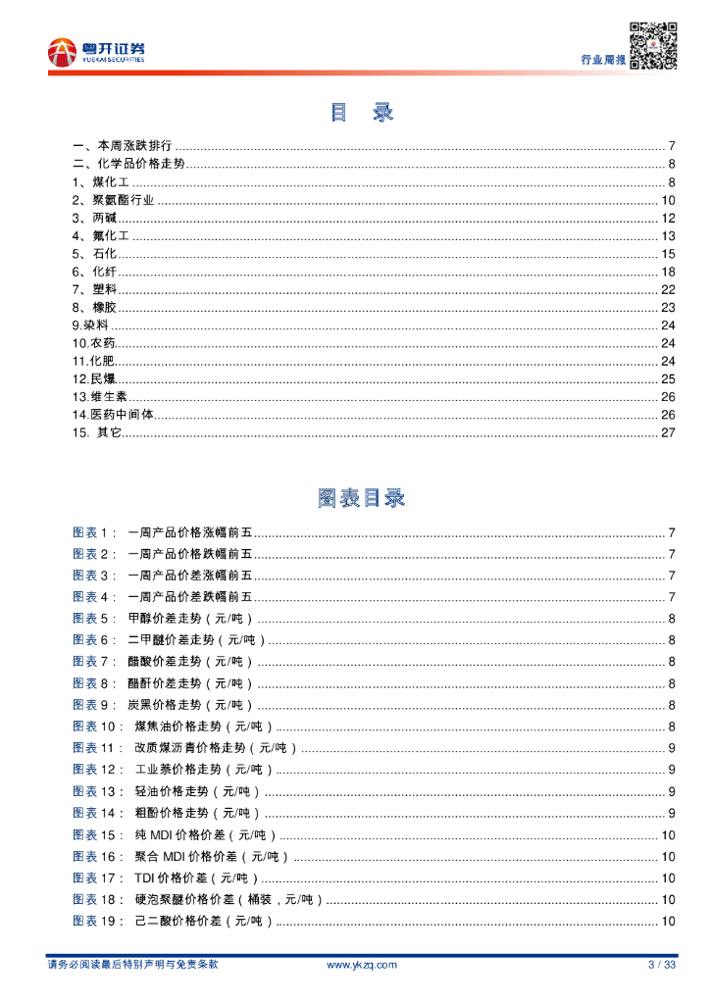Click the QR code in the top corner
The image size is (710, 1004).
pos(653,44)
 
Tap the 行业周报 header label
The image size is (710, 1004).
pos(602,60)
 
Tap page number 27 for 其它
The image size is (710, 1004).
pos(669,432)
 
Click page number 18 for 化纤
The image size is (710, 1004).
pos(669,272)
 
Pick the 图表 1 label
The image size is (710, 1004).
pos(94,532)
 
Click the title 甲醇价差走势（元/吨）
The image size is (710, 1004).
pos(190,619)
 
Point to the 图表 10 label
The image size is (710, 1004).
pos(98,727)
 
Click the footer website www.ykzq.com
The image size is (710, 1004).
pos(361,965)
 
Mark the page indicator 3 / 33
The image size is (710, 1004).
pos(662,965)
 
